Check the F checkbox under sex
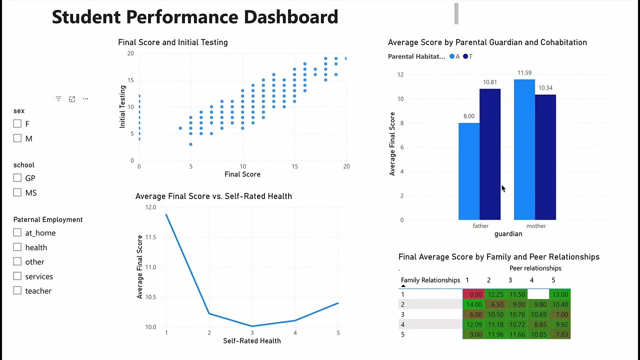click(17, 123)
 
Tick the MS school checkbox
click(17, 192)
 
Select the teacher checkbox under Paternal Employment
click(17, 290)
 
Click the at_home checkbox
click(17, 232)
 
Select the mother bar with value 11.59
click(524, 150)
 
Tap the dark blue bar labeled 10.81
click(490, 154)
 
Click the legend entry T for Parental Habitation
click(467, 56)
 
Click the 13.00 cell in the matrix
click(559, 294)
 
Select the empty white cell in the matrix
click(538, 294)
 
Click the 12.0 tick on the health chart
click(150, 207)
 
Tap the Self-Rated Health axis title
click(252, 341)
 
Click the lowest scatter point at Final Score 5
click(190, 144)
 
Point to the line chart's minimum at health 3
click(252, 326)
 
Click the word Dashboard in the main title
click(290, 17)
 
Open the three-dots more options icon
click(85, 99)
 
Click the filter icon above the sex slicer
click(58, 99)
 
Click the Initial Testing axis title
click(122, 106)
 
